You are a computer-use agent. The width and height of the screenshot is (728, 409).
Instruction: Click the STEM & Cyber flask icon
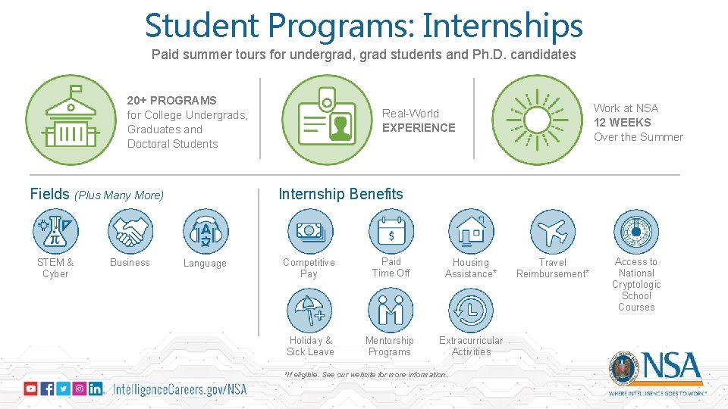point(55,231)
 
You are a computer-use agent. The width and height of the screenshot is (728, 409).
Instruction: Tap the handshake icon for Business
point(130,231)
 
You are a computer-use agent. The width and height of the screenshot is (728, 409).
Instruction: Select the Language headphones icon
point(206,231)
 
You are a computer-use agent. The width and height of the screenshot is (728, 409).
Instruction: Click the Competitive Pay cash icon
point(309,231)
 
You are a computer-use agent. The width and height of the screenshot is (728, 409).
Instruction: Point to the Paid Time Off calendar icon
point(391,231)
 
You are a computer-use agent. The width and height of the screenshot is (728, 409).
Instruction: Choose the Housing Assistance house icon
point(471,231)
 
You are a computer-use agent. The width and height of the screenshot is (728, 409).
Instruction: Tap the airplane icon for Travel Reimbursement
point(552,231)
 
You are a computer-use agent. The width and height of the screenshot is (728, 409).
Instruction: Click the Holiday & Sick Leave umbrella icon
point(309,311)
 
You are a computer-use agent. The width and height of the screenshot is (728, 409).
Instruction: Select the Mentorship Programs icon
point(391,311)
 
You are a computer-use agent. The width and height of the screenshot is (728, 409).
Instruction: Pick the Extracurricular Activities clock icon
point(471,311)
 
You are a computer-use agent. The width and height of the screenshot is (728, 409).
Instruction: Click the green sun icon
point(538,120)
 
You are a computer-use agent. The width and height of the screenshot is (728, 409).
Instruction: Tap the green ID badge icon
point(326,120)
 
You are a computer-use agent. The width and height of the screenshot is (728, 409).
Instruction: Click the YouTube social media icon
point(30,389)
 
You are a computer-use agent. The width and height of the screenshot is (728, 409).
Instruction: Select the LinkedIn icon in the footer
point(96,389)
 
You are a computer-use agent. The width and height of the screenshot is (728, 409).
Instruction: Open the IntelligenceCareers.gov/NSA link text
point(180,389)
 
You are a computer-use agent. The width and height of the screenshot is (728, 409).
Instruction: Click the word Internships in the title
point(503,25)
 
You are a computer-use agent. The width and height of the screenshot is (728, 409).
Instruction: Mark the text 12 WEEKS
point(622,123)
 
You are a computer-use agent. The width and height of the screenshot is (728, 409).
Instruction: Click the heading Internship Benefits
point(340,194)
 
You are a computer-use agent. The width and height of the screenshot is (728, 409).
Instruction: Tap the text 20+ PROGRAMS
point(171,100)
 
